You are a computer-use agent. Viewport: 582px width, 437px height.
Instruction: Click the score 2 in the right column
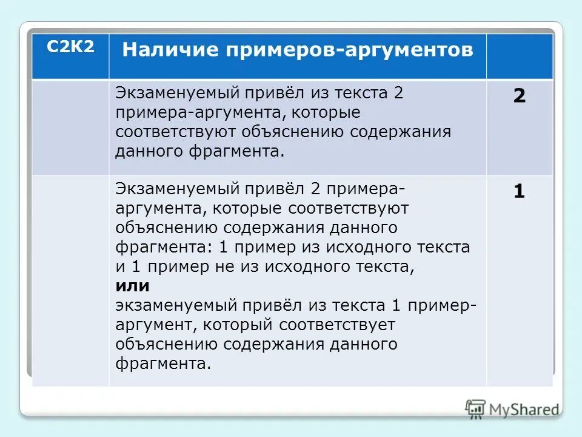pyautogui.click(x=519, y=97)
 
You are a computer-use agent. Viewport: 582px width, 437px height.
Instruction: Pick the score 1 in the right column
pyautogui.click(x=519, y=192)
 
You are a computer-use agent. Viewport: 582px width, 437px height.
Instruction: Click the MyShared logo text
pyautogui.click(x=524, y=410)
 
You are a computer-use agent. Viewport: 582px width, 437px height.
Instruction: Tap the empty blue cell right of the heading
pyautogui.click(x=519, y=56)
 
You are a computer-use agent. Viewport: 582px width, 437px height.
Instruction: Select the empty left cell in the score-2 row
pyautogui.click(x=71, y=127)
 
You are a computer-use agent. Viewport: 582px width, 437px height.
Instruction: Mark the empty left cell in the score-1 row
pyautogui.click(x=71, y=279)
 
